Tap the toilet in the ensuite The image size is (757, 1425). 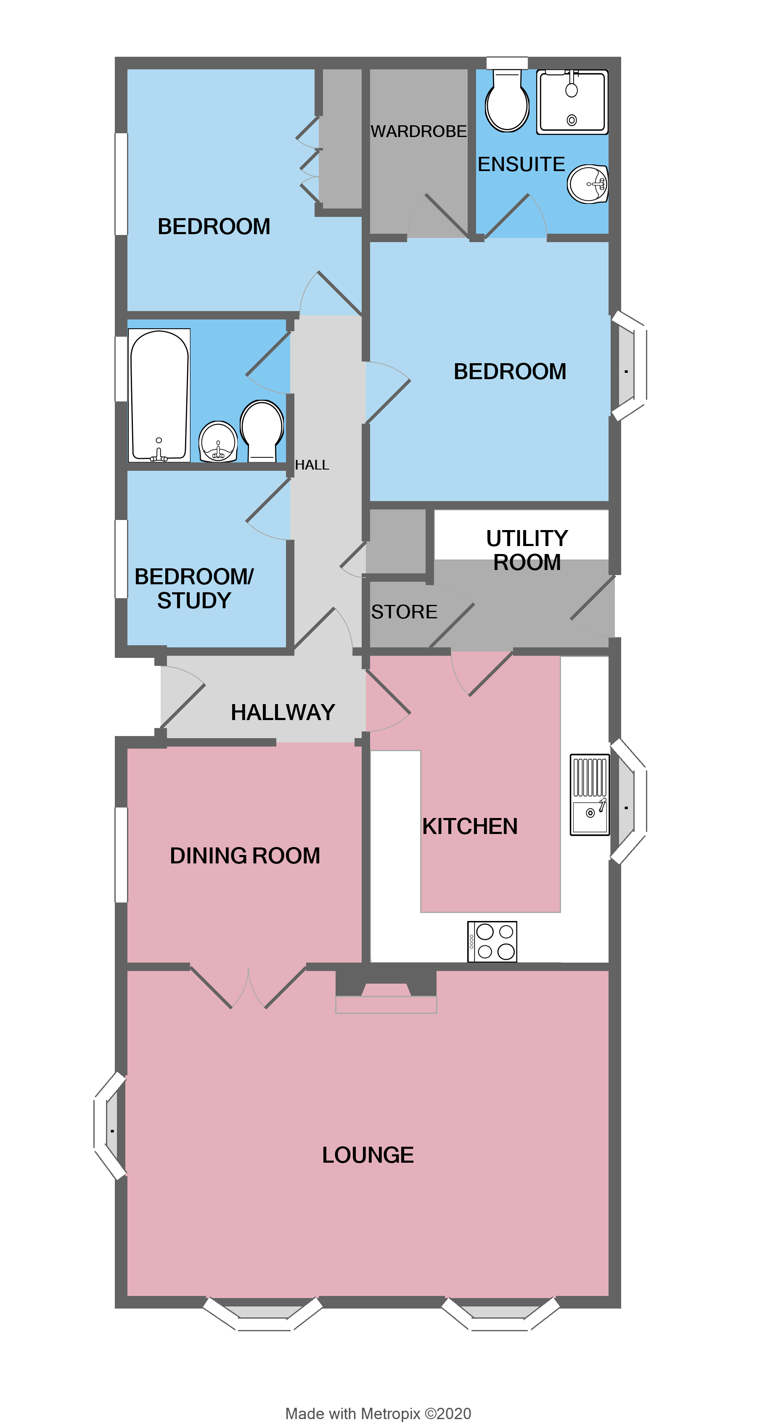coord(507,102)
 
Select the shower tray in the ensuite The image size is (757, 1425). coord(572,102)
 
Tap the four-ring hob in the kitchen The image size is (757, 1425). coord(492,942)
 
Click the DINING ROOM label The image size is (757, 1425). coord(245,856)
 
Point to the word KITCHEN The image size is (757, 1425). coord(470,826)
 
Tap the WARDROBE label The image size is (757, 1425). coord(418,132)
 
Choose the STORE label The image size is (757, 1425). coord(404,612)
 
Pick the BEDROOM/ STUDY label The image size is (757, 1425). coord(194,588)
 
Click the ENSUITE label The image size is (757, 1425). coord(521,164)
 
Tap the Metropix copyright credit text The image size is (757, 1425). coord(378,1413)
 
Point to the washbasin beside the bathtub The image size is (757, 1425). coord(218,441)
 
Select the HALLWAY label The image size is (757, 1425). coord(283,712)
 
